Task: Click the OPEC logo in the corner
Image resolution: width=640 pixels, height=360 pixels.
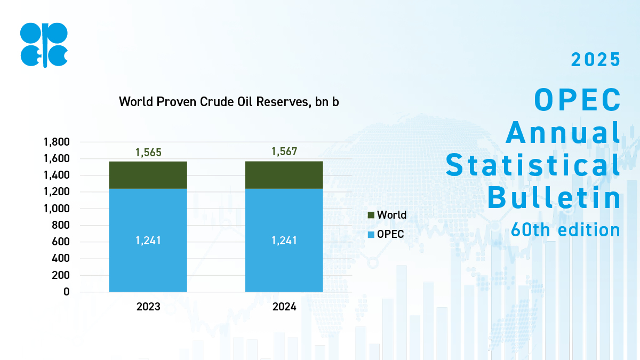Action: point(44,45)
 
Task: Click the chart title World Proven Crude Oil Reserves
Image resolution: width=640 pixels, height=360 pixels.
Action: point(229,102)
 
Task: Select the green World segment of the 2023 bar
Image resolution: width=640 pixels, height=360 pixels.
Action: point(148,175)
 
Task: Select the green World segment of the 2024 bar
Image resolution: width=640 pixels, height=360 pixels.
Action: point(284,175)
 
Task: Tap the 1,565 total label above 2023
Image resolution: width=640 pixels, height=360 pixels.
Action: point(148,153)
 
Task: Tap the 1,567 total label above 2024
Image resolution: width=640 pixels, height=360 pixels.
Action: point(284,152)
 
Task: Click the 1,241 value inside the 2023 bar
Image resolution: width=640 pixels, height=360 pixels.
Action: point(148,241)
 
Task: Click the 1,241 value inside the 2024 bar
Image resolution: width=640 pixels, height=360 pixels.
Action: point(284,241)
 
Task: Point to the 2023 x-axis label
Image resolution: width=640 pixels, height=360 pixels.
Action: point(148,307)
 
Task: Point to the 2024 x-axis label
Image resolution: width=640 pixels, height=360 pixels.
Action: point(284,307)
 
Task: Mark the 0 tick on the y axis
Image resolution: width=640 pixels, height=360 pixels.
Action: point(67,292)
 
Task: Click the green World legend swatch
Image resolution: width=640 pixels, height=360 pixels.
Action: point(371,215)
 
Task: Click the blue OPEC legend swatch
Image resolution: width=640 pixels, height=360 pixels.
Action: point(371,234)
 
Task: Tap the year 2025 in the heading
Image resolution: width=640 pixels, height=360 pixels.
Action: point(596,60)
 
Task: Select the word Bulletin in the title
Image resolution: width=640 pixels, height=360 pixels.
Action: point(554,198)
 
